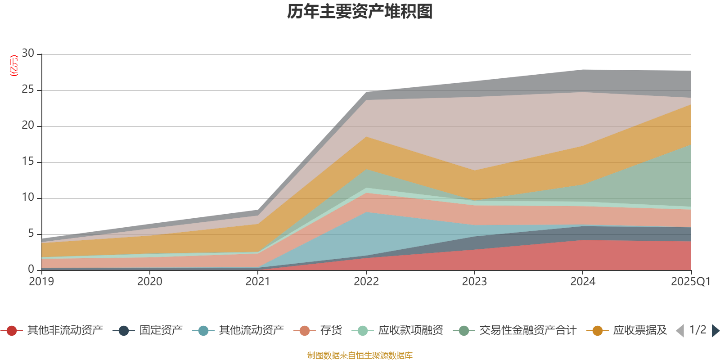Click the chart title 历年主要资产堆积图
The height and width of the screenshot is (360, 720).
(360, 12)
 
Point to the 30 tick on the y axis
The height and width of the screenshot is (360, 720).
(28, 54)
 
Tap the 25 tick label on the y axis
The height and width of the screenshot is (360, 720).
(28, 90)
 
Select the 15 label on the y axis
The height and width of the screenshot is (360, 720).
(28, 162)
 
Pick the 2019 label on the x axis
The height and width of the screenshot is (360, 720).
(41, 282)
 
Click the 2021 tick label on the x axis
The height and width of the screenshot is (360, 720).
(258, 282)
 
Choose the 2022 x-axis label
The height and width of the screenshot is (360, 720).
(366, 282)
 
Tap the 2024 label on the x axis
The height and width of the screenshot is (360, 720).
(583, 282)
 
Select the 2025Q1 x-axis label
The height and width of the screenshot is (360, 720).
(690, 282)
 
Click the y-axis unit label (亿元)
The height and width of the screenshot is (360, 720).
(14, 66)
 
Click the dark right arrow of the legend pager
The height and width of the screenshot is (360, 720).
(715, 331)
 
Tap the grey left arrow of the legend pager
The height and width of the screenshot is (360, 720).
(680, 331)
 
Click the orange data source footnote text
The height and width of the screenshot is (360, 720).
(360, 355)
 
